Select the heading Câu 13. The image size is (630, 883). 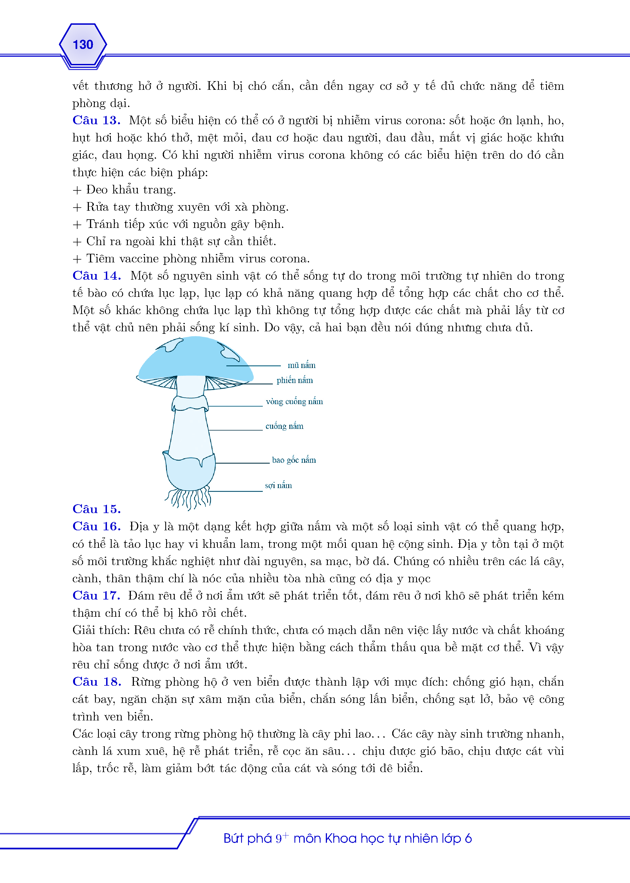pyautogui.click(x=96, y=120)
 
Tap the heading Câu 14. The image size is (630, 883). pyautogui.click(x=97, y=276)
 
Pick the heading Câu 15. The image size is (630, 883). pyautogui.click(x=97, y=509)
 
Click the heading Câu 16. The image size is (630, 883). pyautogui.click(x=97, y=526)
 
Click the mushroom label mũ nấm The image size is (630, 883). pyautogui.click(x=301, y=365)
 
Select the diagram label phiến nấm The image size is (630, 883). pyautogui.click(x=294, y=380)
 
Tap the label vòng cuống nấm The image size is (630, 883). pyautogui.click(x=294, y=402)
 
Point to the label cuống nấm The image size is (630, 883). pyautogui.click(x=284, y=426)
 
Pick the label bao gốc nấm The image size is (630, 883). pyautogui.click(x=294, y=460)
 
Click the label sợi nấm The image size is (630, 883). pyautogui.click(x=278, y=486)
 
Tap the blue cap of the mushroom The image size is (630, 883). pyautogui.click(x=194, y=359)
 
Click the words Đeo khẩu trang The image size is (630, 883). pyautogui.click(x=131, y=190)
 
